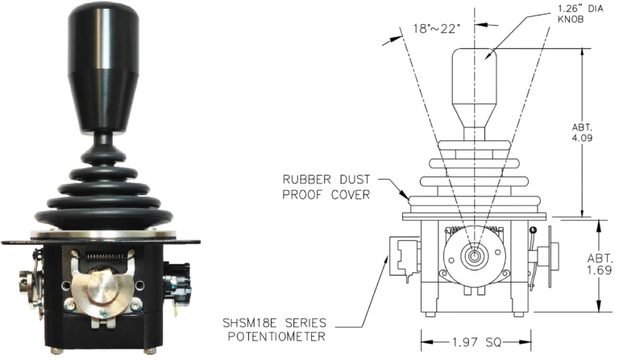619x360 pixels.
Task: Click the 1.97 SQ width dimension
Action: [475, 341]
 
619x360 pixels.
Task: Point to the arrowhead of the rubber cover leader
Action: [409, 197]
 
